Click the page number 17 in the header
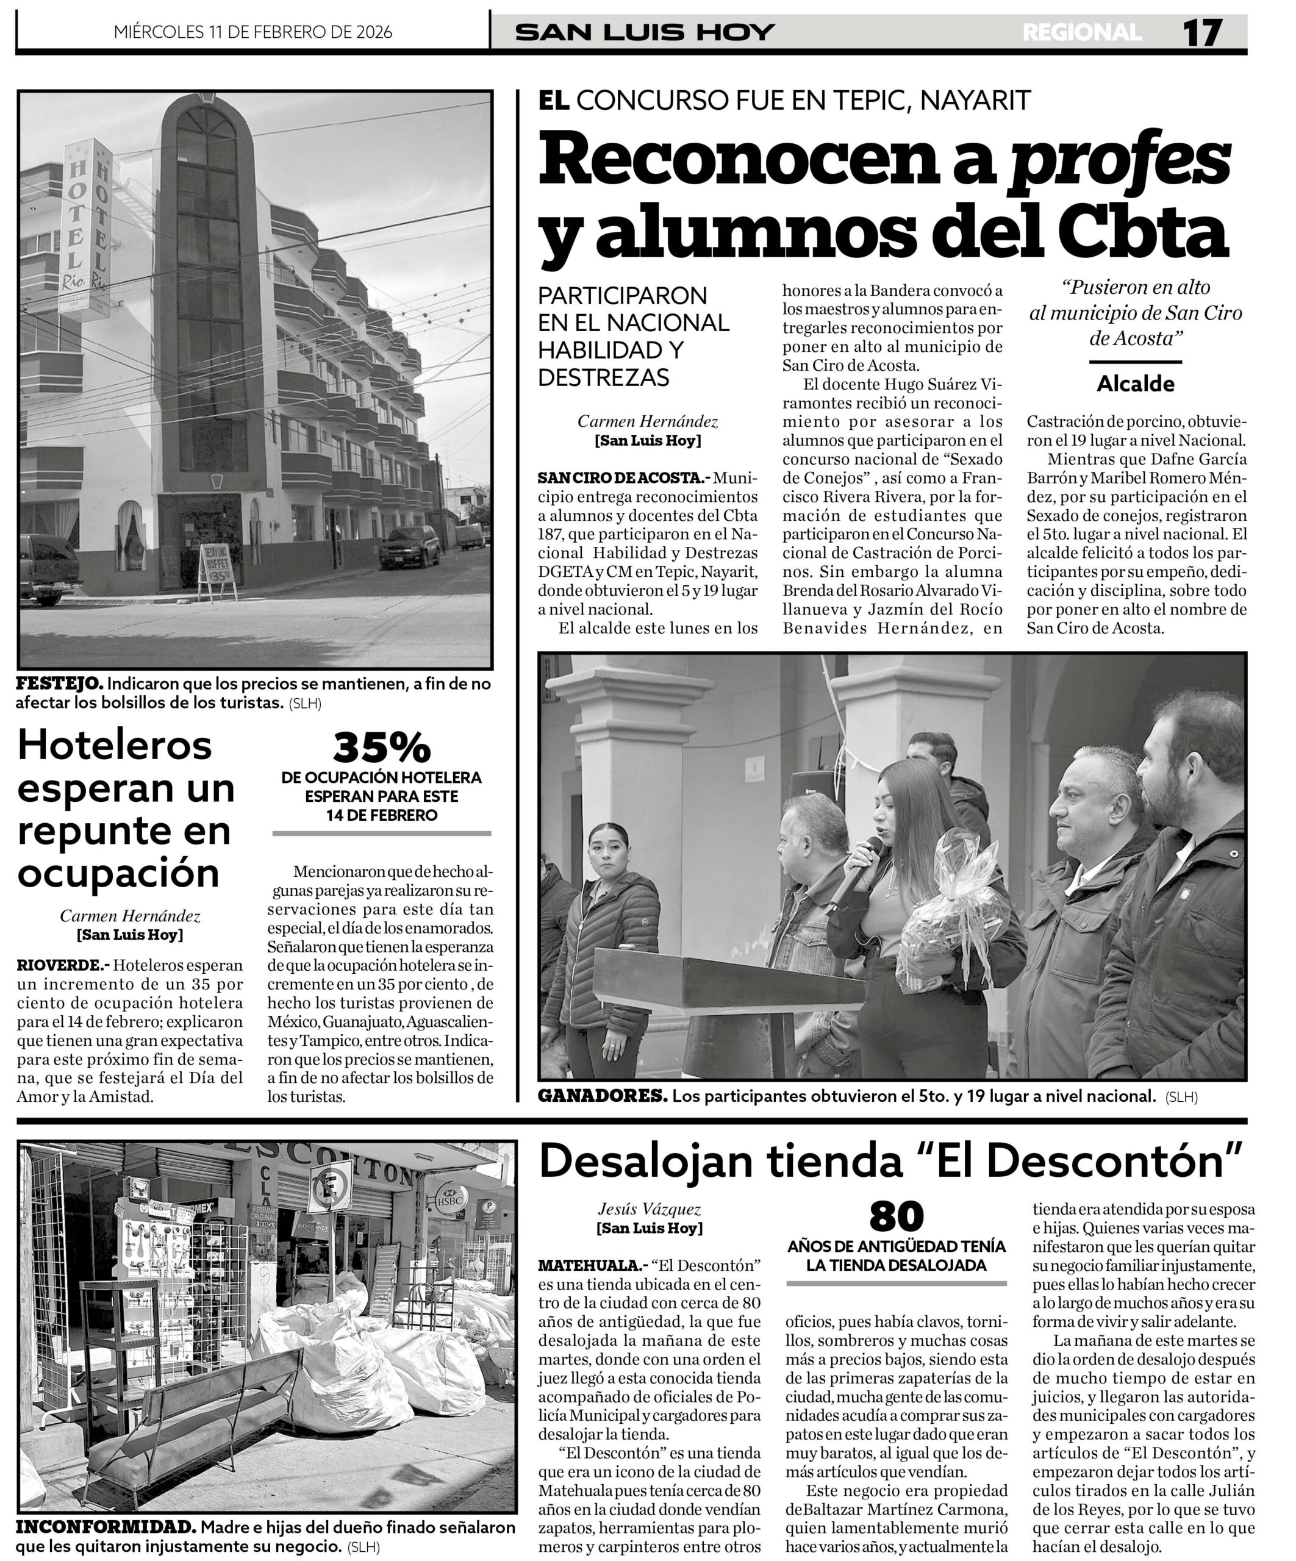point(1201,32)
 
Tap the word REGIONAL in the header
point(1082,32)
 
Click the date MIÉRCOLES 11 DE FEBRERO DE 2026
point(253,32)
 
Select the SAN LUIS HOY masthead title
point(645,32)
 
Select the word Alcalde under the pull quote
point(1136,384)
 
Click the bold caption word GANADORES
point(603,1096)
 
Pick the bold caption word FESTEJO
point(59,683)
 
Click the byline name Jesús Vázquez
point(649,1210)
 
